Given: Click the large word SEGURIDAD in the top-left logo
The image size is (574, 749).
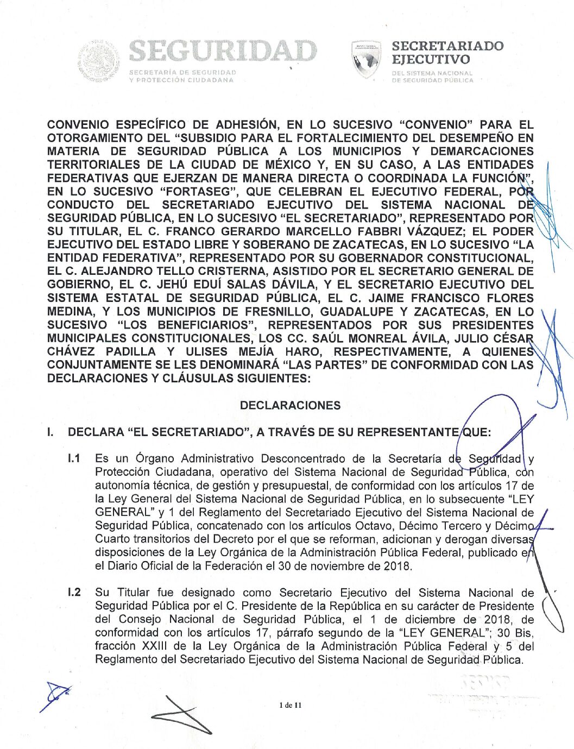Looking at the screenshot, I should click(x=223, y=52).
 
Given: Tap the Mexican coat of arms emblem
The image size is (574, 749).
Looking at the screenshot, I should click(x=98, y=60).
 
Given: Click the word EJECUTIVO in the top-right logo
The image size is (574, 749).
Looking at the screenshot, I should click(x=431, y=59).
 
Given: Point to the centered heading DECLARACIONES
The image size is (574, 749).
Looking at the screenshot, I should click(x=290, y=405).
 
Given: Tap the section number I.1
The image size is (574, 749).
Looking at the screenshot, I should click(x=74, y=458).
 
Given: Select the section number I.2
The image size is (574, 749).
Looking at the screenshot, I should click(x=74, y=592).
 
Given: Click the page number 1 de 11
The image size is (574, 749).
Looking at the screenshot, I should click(x=290, y=705).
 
